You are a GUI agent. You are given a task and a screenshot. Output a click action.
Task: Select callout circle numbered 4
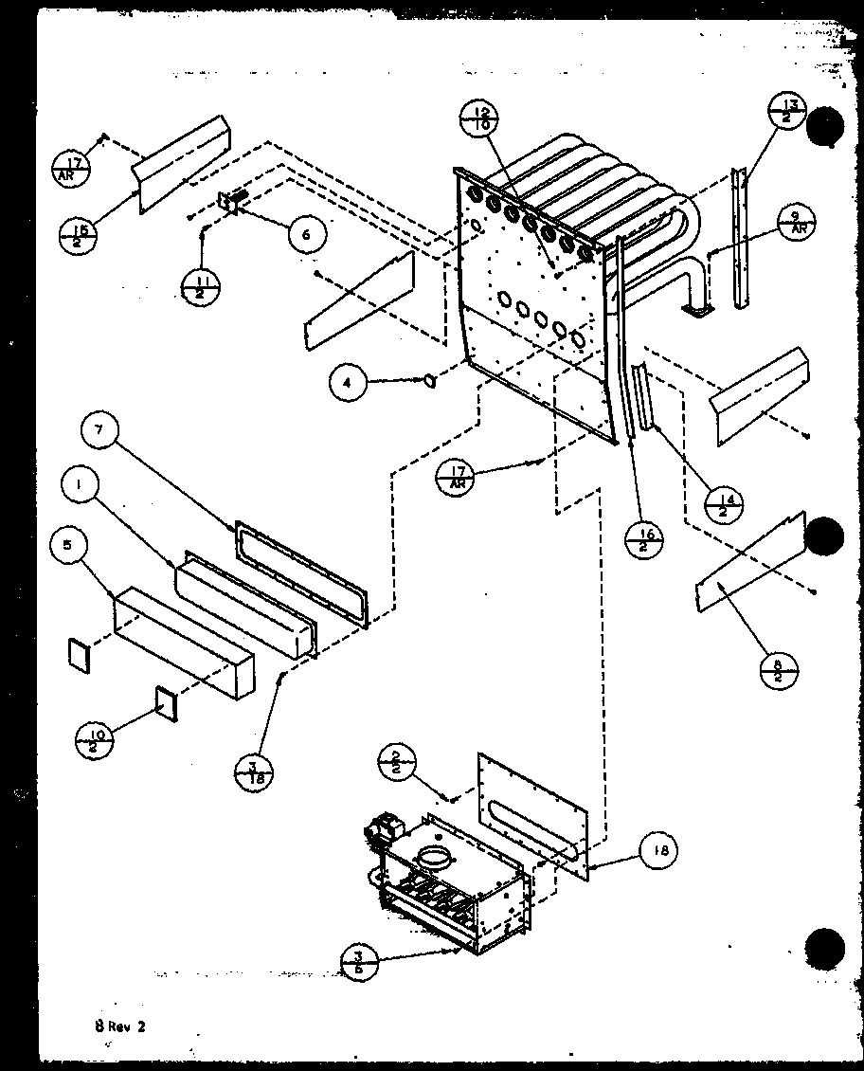coord(348,383)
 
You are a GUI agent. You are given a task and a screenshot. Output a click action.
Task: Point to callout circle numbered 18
coord(659,851)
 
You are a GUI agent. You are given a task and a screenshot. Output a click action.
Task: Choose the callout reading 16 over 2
coord(646,543)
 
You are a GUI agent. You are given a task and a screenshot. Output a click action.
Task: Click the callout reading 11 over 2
coord(201,285)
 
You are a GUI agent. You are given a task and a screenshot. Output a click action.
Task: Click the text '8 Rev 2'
coord(117,1026)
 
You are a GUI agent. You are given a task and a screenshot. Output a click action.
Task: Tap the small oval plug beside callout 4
coord(430,381)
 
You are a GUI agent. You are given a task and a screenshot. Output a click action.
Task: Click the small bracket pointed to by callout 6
coord(231,202)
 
